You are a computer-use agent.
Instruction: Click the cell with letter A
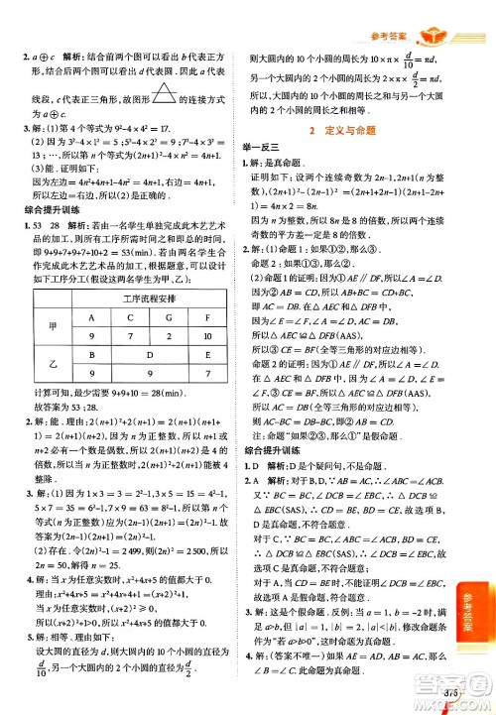(x=92, y=318)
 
